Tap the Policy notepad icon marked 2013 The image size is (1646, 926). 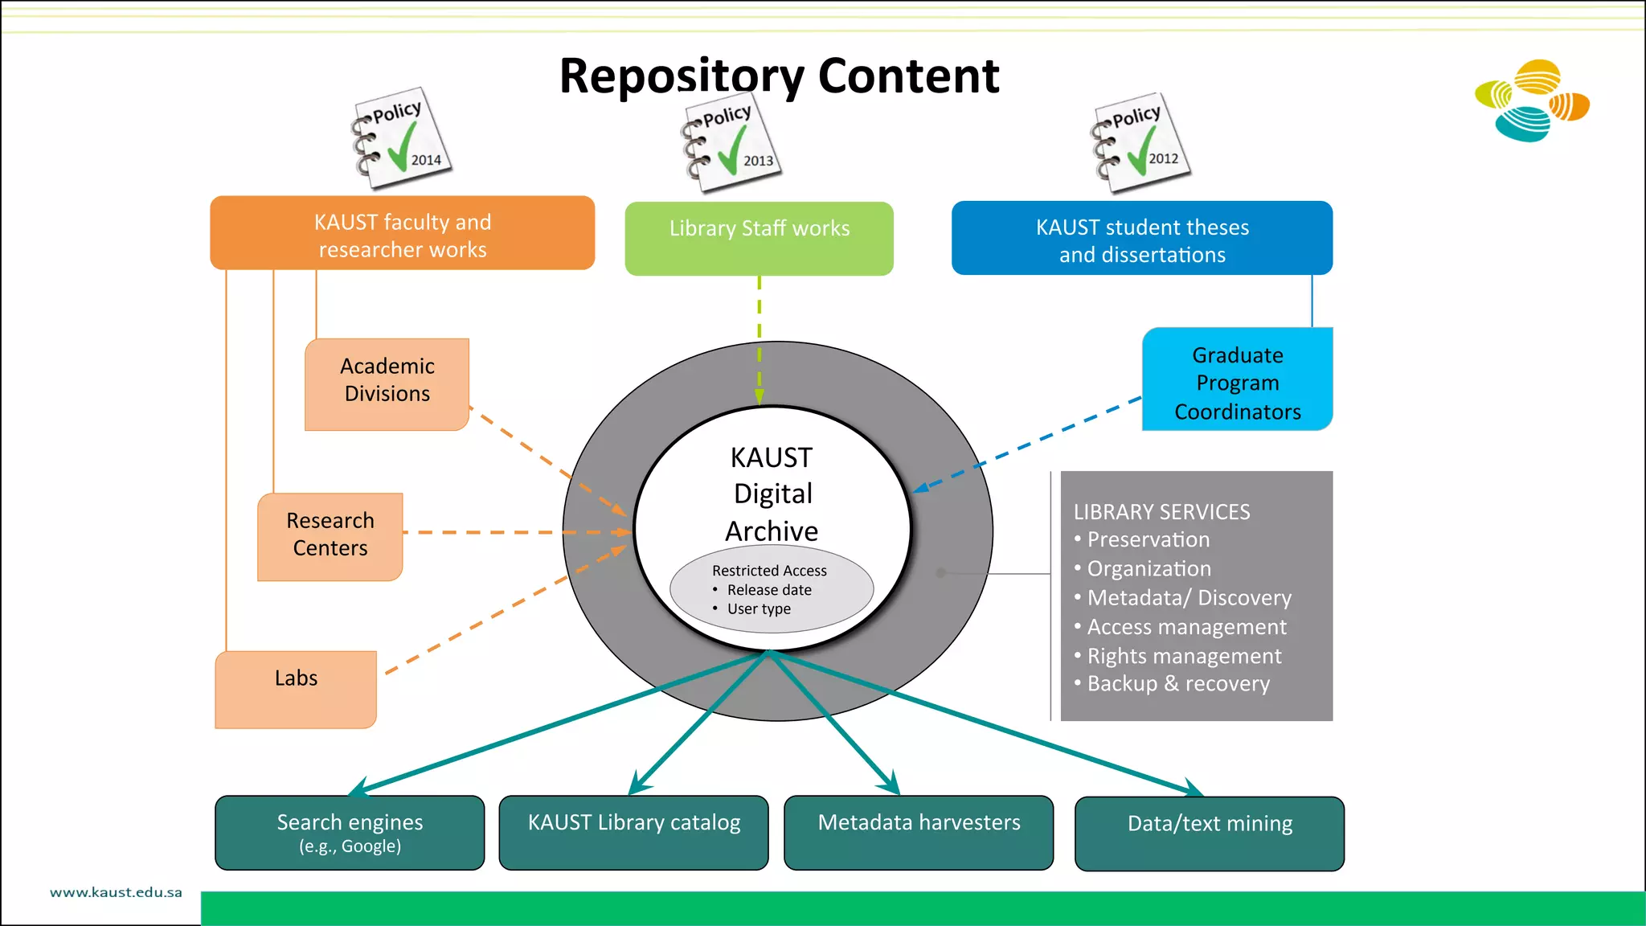coord(731,143)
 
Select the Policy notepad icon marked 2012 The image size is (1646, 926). coord(1140,143)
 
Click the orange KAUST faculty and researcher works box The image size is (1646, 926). coord(402,234)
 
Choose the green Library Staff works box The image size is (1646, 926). coord(759,238)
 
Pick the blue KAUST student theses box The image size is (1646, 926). coord(1141,239)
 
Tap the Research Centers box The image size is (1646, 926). coord(330,535)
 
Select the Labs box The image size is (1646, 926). coord(296,687)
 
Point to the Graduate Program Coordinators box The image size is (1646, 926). coord(1237,382)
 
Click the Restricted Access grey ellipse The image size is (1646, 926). coord(771,589)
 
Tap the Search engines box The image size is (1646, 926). coord(350,832)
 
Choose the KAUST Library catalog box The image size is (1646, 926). coord(633,832)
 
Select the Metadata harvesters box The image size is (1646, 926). coord(919,832)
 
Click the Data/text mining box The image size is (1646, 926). coord(1209,833)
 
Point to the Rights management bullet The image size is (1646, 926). coord(1183,656)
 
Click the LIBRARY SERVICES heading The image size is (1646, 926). coord(1161,512)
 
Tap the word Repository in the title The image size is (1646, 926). coord(682,77)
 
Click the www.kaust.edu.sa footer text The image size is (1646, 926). coord(116,892)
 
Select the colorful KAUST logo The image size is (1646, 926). coord(1532,101)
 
